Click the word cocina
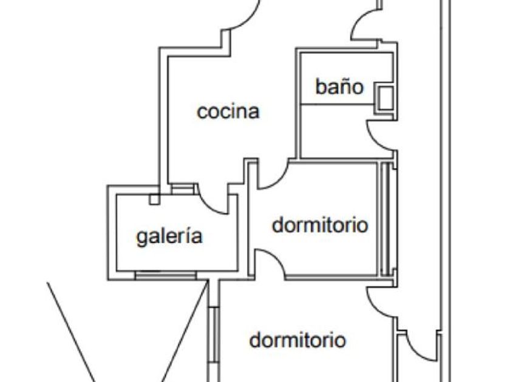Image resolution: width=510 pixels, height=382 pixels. (228, 112)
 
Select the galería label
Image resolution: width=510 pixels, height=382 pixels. (169, 236)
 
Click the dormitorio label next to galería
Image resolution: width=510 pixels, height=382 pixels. (320, 225)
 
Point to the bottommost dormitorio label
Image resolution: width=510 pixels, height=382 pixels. (297, 340)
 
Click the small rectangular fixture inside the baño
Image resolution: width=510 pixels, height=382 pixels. (384, 98)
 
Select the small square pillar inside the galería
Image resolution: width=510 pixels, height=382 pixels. (154, 199)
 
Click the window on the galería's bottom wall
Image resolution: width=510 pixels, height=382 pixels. (166, 275)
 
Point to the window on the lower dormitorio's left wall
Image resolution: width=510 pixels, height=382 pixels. (214, 335)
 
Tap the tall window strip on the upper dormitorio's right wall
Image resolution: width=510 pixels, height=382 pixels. (386, 219)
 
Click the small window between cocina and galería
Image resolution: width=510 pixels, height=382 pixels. (183, 189)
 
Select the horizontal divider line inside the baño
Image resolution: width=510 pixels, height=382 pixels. (338, 104)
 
